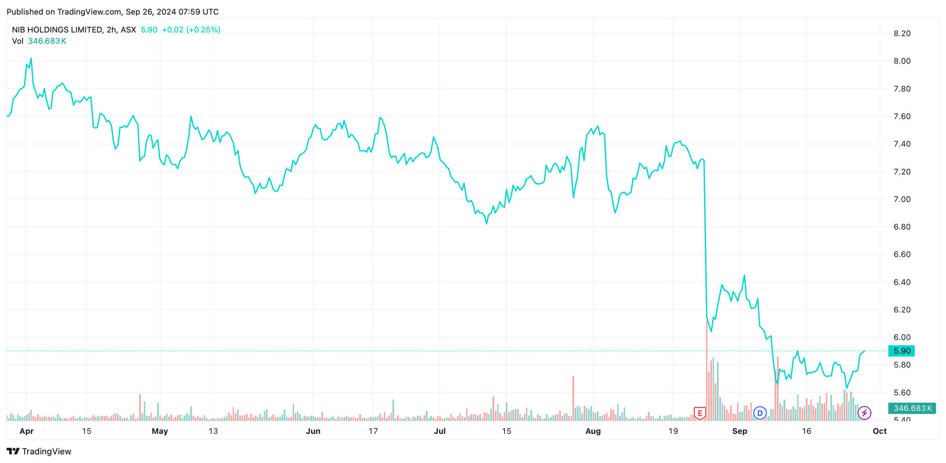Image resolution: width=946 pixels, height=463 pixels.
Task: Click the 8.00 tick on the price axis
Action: pyautogui.click(x=902, y=61)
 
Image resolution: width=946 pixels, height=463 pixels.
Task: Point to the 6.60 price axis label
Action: pyautogui.click(x=902, y=254)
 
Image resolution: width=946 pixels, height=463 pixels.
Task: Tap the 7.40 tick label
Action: pyautogui.click(x=902, y=144)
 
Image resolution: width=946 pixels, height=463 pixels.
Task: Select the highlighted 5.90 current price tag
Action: pyautogui.click(x=901, y=351)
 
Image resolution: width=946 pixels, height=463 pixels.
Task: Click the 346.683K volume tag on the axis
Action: pyautogui.click(x=912, y=408)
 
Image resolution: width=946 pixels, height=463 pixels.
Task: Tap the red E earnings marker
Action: pyautogui.click(x=700, y=413)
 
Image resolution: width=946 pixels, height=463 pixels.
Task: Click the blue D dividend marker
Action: pyautogui.click(x=760, y=413)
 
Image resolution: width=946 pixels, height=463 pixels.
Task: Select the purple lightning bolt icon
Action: pyautogui.click(x=864, y=413)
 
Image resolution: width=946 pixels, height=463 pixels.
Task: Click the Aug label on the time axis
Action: pyautogui.click(x=593, y=431)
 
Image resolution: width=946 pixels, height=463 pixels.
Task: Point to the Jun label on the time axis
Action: pyautogui.click(x=313, y=431)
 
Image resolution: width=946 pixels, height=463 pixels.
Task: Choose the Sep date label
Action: pyautogui.click(x=740, y=431)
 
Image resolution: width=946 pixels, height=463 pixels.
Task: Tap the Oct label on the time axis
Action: pyautogui.click(x=879, y=431)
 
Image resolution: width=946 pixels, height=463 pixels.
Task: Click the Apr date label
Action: pyautogui.click(x=26, y=431)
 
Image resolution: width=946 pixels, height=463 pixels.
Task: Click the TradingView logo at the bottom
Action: pyautogui.click(x=39, y=451)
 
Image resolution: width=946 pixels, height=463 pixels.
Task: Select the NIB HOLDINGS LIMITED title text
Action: pyautogui.click(x=57, y=30)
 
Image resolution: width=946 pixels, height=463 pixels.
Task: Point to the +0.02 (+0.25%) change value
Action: pyautogui.click(x=191, y=30)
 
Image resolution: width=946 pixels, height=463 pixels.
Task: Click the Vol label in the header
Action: pyautogui.click(x=18, y=41)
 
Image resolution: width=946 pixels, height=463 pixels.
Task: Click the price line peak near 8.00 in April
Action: pyautogui.click(x=31, y=59)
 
